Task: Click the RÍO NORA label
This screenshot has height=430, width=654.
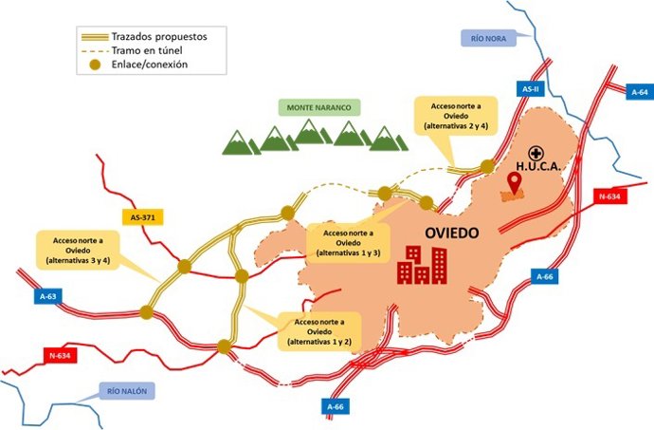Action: (490, 39)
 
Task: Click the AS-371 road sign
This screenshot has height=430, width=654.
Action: (142, 217)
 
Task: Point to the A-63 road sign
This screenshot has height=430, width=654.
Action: (49, 297)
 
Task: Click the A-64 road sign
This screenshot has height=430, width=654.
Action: (639, 92)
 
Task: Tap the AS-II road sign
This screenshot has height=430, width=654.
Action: (531, 88)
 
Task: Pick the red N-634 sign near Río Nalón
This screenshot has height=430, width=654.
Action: (59, 356)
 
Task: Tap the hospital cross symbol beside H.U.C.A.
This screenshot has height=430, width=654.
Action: (536, 152)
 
